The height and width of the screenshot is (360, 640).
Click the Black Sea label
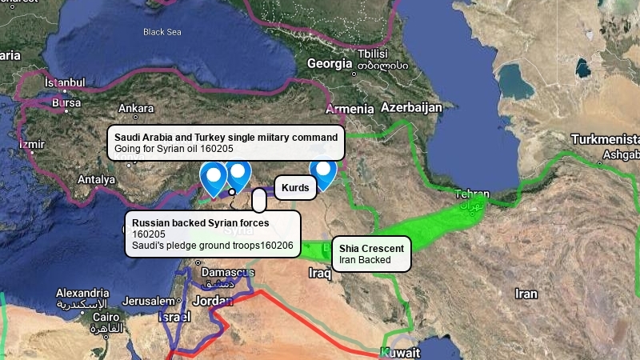tap(162, 32)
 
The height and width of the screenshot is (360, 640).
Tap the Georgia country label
tap(329, 63)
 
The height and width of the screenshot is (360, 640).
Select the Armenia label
tap(350, 109)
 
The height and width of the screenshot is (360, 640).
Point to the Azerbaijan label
tap(411, 107)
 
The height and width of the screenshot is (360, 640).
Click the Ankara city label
tap(136, 108)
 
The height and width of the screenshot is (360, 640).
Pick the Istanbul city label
tap(64, 82)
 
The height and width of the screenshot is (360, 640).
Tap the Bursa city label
tap(66, 102)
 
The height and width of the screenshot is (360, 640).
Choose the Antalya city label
tap(97, 180)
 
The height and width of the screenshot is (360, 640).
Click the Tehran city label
tap(471, 194)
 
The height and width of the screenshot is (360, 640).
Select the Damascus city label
tap(224, 272)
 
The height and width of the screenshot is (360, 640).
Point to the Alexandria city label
tap(82, 293)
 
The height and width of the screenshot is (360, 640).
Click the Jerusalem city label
tap(148, 301)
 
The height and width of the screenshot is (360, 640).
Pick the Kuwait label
tap(400, 353)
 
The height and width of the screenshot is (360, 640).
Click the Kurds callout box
tap(295, 187)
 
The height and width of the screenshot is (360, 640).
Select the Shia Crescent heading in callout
tap(372, 248)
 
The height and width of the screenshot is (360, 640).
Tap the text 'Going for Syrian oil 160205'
tap(174, 149)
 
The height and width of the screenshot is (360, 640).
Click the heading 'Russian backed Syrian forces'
tap(200, 222)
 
